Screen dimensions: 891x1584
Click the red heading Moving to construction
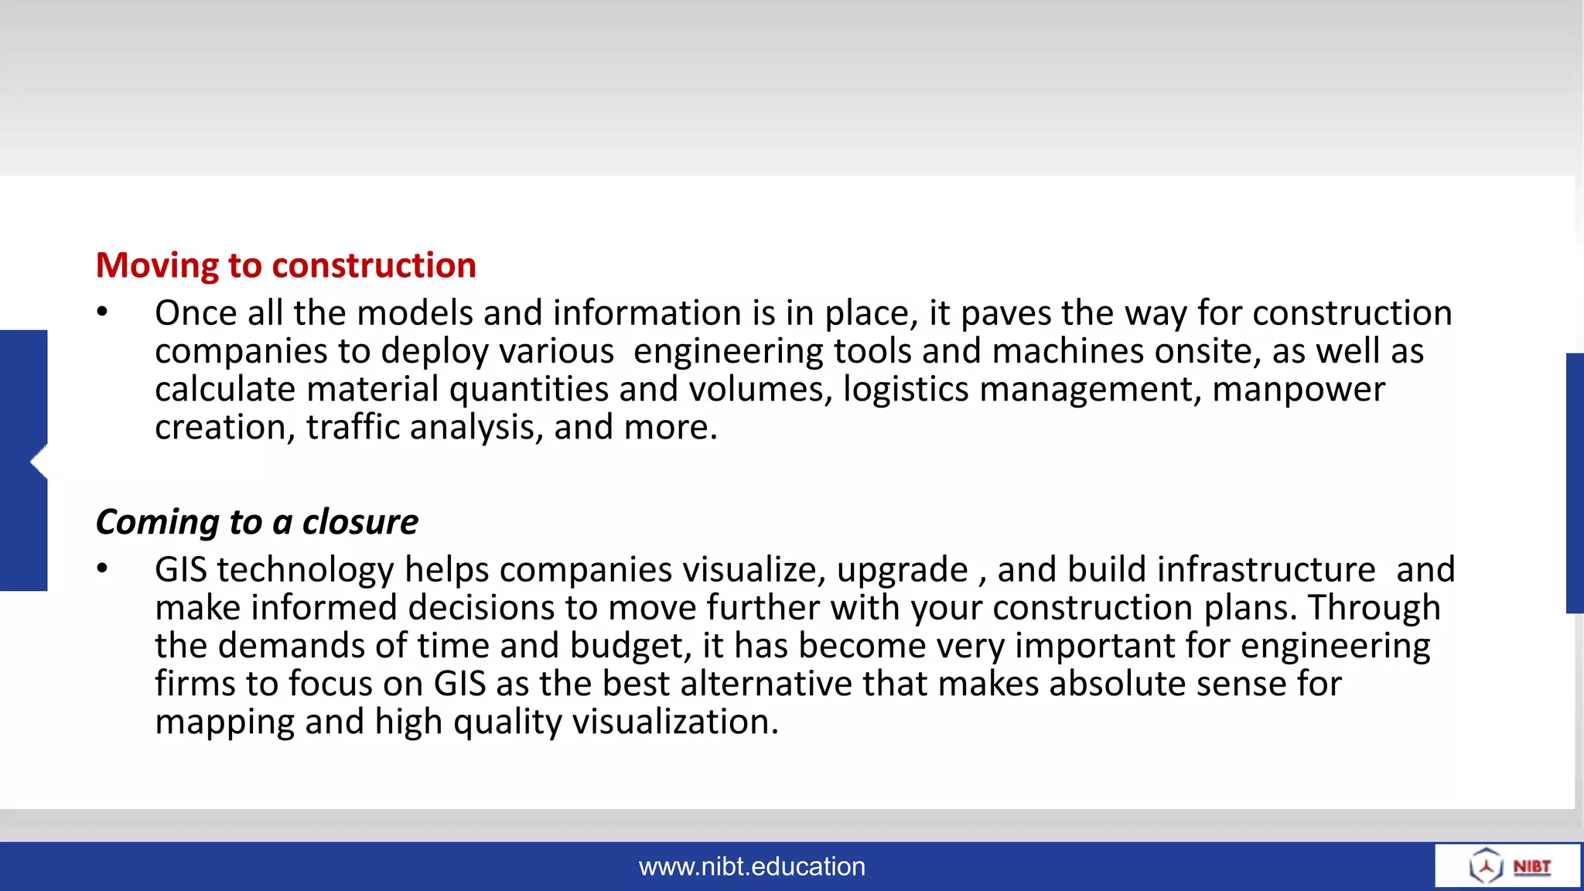pos(285,265)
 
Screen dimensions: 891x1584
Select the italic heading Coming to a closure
pos(257,522)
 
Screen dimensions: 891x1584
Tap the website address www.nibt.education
pos(752,866)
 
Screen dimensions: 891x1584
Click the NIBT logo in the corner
pos(1508,866)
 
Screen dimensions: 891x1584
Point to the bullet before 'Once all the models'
pos(103,312)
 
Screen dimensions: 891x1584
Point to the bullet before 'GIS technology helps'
pos(103,568)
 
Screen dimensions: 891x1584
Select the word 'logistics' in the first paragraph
pos(905,389)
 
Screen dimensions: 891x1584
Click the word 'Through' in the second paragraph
pos(1374,608)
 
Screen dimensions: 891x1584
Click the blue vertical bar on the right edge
pos(1575,483)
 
